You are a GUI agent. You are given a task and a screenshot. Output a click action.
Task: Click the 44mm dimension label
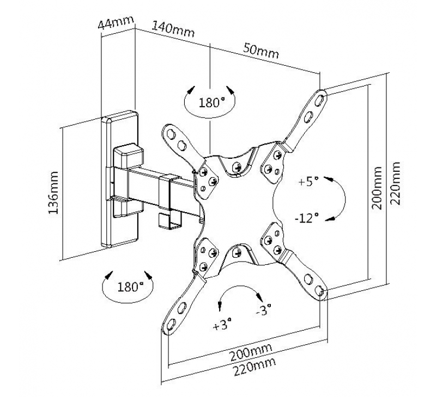116,24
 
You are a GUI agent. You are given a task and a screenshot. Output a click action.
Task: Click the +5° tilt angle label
308,181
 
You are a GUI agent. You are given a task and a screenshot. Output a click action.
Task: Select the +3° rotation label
222,325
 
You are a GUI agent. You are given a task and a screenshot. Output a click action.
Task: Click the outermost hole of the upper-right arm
320,98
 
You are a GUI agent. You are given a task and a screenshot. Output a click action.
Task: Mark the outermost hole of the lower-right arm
320,293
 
